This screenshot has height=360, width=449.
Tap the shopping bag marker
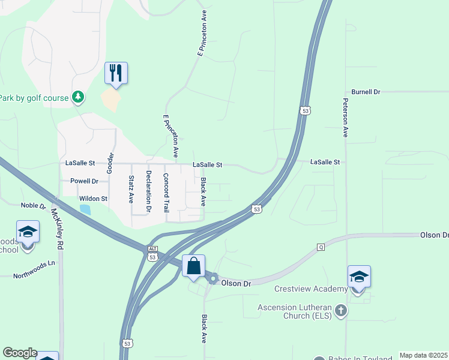click(193, 266)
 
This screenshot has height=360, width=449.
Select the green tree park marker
click(77, 96)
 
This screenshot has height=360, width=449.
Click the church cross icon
click(341, 311)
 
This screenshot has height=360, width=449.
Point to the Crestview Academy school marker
click(359, 277)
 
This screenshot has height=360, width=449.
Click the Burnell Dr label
click(366, 92)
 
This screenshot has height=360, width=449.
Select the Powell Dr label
click(84, 181)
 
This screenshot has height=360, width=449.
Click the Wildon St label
click(93, 199)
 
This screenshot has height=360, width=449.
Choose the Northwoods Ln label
click(34, 263)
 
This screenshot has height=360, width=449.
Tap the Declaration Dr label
click(148, 191)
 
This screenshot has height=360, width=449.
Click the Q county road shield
click(321, 247)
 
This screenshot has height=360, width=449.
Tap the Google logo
click(20, 353)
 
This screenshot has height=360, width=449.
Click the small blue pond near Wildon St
click(85, 209)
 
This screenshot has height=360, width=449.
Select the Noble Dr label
click(34, 205)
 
